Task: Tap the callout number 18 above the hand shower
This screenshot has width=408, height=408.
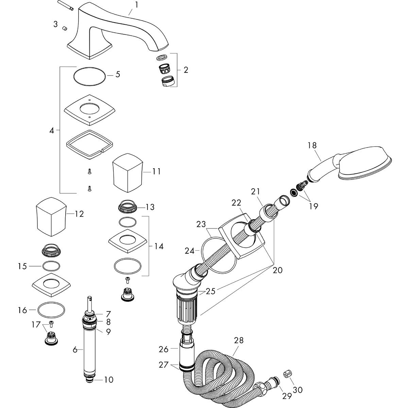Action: (x=312, y=146)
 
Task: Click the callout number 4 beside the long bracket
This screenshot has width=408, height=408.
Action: (x=52, y=130)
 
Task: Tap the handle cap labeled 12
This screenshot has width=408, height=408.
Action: (x=51, y=216)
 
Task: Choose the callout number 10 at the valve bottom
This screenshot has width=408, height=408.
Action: (x=109, y=380)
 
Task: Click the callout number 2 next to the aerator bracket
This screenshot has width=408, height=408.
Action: (x=186, y=70)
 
